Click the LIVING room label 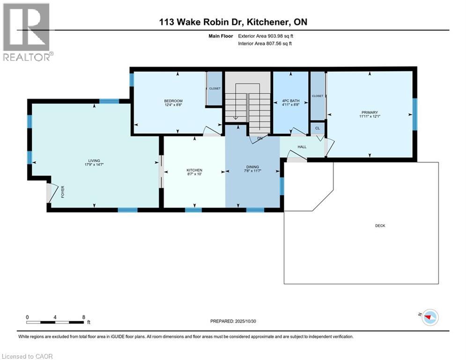point(94,160)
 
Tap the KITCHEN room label point(194,170)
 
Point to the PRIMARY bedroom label point(369,112)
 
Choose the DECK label point(380,225)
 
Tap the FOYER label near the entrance point(62,192)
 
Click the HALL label point(302,147)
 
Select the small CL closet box point(317,128)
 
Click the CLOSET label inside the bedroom point(215,88)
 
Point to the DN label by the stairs point(259,138)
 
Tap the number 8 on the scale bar point(83,317)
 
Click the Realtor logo point(26,32)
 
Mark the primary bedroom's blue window point(414,114)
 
